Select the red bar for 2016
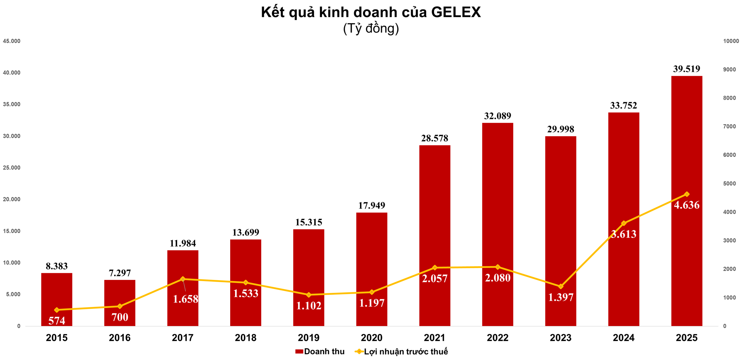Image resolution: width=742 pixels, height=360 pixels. pos(120,295)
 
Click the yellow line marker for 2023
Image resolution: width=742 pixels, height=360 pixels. pos(561,287)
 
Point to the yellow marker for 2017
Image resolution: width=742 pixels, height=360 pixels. pos(183,279)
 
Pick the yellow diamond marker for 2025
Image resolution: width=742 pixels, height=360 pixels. pos(687,194)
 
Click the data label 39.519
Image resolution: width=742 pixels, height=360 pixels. pos(686,69)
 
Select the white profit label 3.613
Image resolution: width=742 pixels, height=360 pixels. pos(624,234)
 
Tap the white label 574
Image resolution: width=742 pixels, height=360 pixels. pos(57,321)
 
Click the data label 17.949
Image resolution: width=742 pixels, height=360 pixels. pos(372,205)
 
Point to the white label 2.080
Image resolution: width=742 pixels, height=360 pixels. pos(497,278)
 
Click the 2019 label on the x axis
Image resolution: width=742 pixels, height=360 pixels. pos(309,338)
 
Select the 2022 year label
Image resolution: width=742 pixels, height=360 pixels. pos(497,338)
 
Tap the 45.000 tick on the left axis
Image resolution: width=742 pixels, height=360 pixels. pos(12,41)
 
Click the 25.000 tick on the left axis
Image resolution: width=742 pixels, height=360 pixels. pos(12,168)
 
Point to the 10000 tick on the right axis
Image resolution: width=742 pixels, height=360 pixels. pos(731,41)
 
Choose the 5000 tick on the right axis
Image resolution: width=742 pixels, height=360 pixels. pos(729,184)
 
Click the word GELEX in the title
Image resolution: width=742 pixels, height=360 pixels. pos(456,13)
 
